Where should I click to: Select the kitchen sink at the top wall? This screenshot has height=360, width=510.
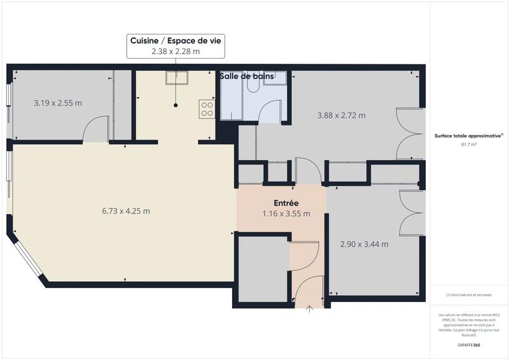tap(176, 78)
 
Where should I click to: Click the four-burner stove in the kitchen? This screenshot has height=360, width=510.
tap(207, 108)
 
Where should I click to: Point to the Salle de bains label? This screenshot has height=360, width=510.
tap(247, 76)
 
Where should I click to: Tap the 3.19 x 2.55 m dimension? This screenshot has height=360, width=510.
tap(57, 103)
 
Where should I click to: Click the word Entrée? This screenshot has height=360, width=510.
tap(286, 203)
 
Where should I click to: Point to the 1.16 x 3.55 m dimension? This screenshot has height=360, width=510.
tap(286, 213)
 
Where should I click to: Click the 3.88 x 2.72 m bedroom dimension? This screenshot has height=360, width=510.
tap(341, 115)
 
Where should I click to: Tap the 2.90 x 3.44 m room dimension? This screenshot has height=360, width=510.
tap(364, 243)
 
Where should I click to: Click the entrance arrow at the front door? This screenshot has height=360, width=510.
tap(310, 309)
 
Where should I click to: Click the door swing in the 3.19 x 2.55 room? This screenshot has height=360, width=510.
tap(96, 129)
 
